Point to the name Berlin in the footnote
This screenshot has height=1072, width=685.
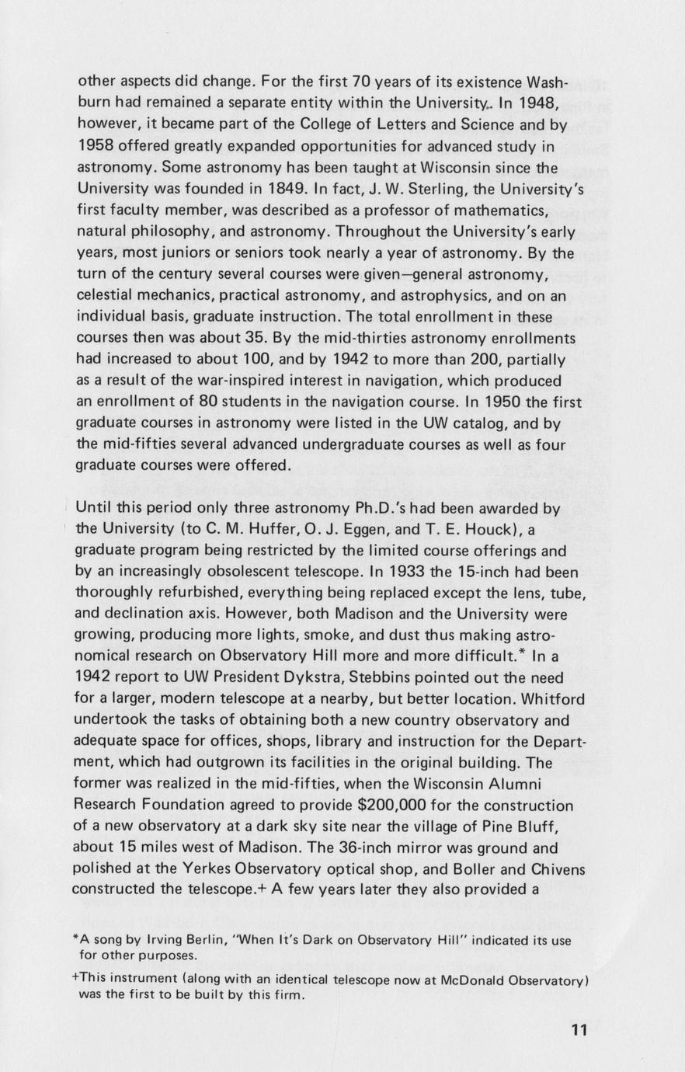coord(181,941)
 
